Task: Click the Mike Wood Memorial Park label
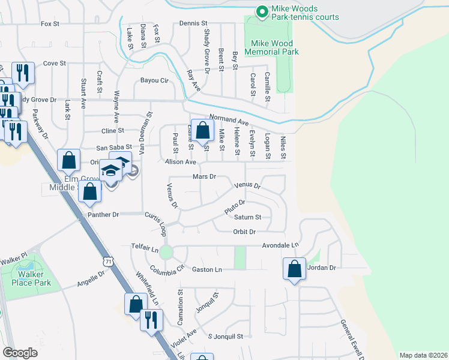[272, 47]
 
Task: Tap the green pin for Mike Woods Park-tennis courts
[262, 11]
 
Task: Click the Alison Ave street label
[181, 162]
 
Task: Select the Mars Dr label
[204, 177]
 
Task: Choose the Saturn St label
[248, 217]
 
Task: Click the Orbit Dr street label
[244, 232]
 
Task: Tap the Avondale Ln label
[280, 245]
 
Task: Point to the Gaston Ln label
[207, 270]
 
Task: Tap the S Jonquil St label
[225, 337]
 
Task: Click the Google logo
[20, 353]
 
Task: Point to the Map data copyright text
[423, 355]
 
